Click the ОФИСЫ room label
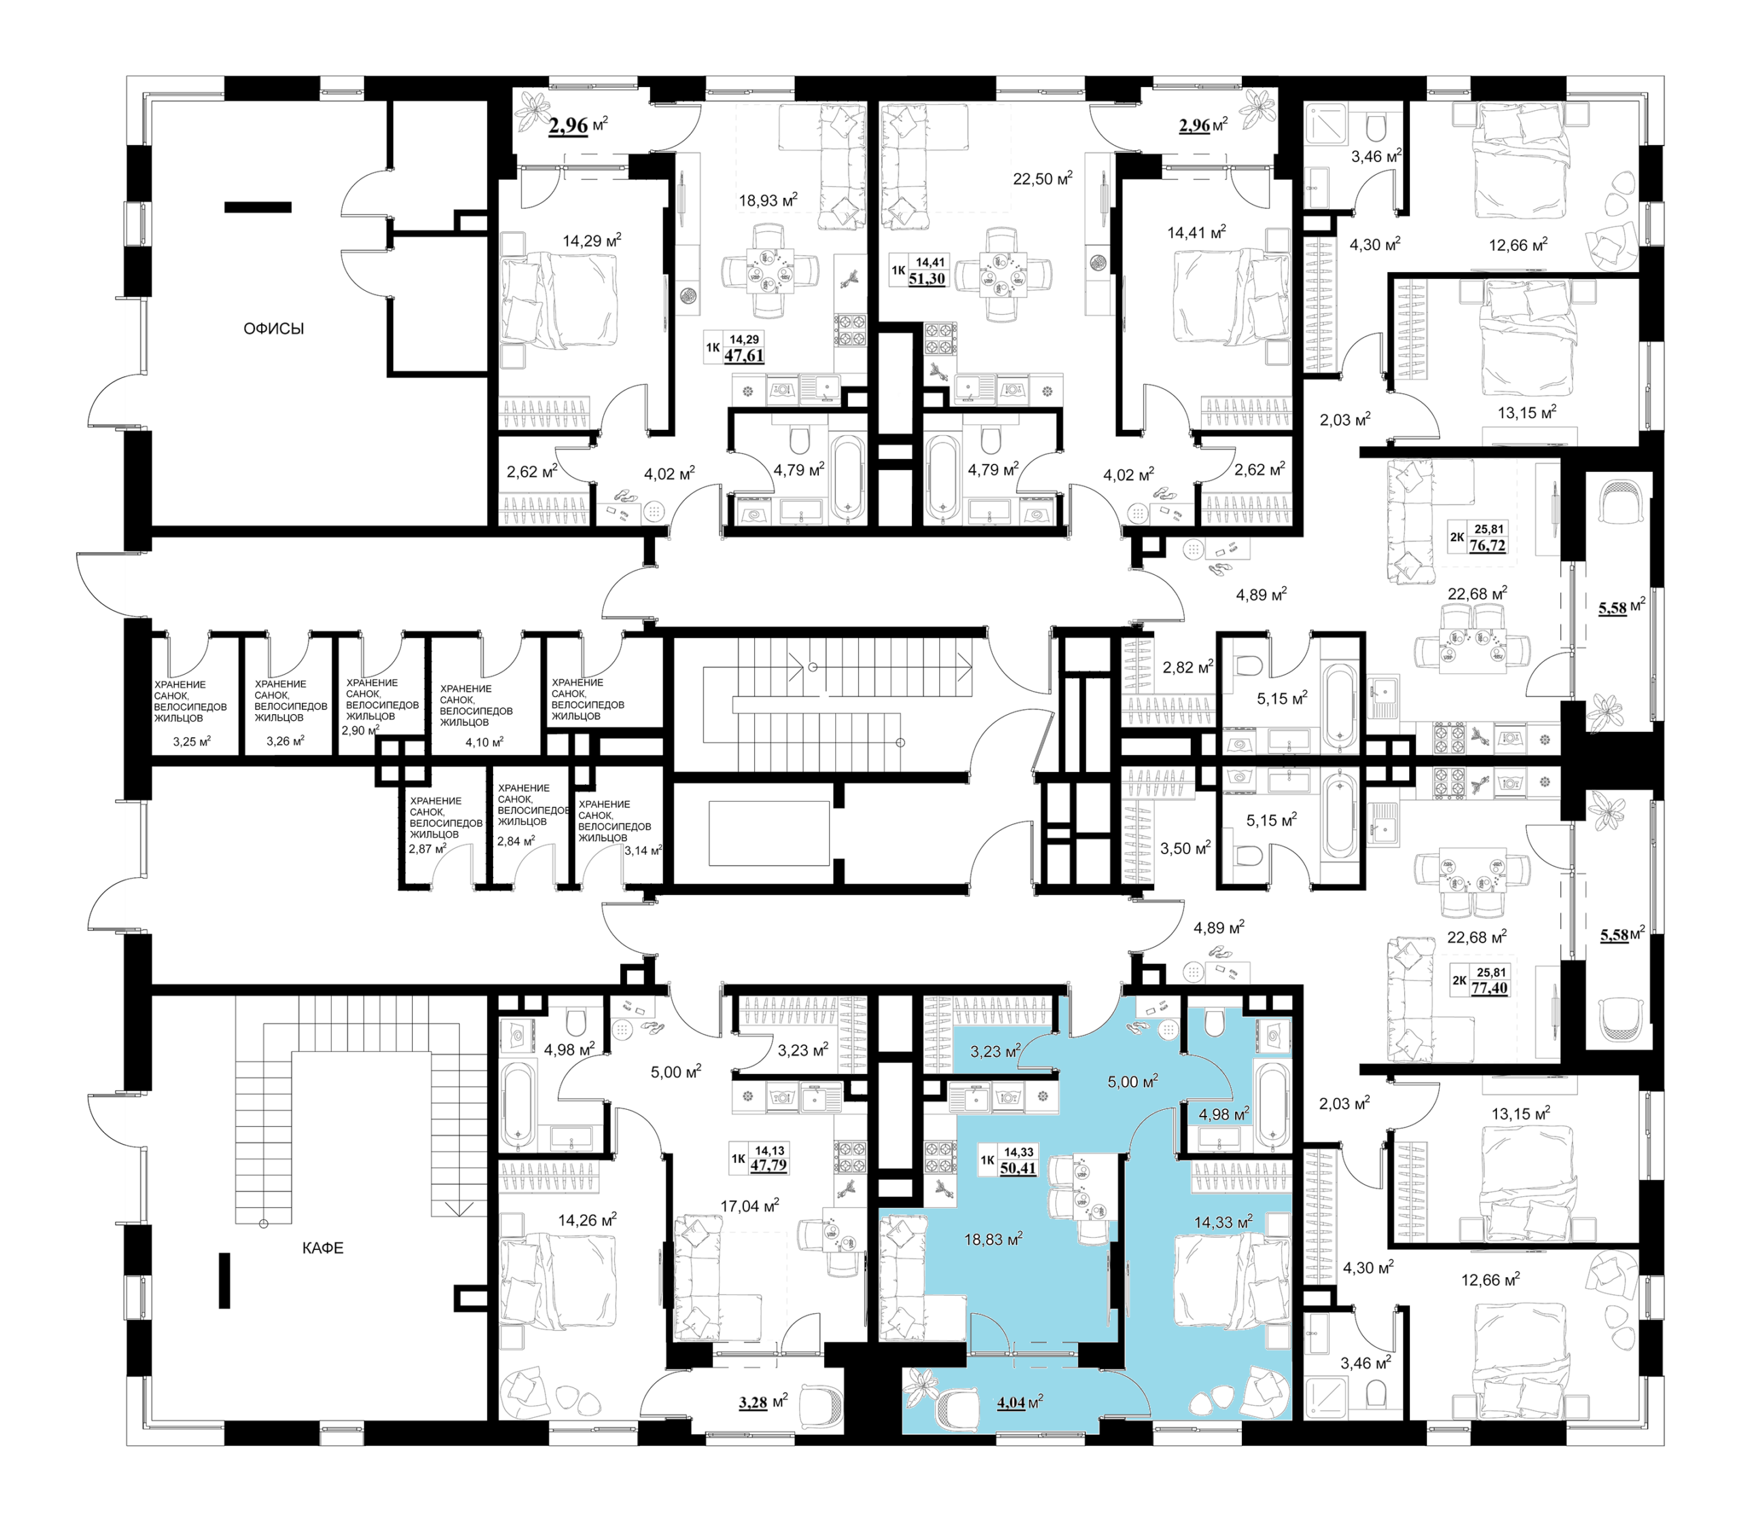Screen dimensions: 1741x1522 tap(273, 328)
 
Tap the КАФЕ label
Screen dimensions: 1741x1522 tap(323, 1248)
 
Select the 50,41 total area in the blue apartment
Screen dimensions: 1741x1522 tap(1018, 1168)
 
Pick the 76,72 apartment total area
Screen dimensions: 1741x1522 tap(1487, 545)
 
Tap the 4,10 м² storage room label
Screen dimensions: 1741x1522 tap(484, 741)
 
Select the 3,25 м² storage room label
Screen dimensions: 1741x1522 tap(192, 741)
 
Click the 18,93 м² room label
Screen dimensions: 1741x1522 tap(768, 201)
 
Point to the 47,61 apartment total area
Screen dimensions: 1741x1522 tap(744, 355)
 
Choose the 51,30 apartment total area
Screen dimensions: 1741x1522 tap(926, 279)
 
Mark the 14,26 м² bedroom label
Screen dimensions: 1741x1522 tap(587, 1221)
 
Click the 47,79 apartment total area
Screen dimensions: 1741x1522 tap(768, 1165)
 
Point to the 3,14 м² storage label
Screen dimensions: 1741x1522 tap(643, 850)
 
